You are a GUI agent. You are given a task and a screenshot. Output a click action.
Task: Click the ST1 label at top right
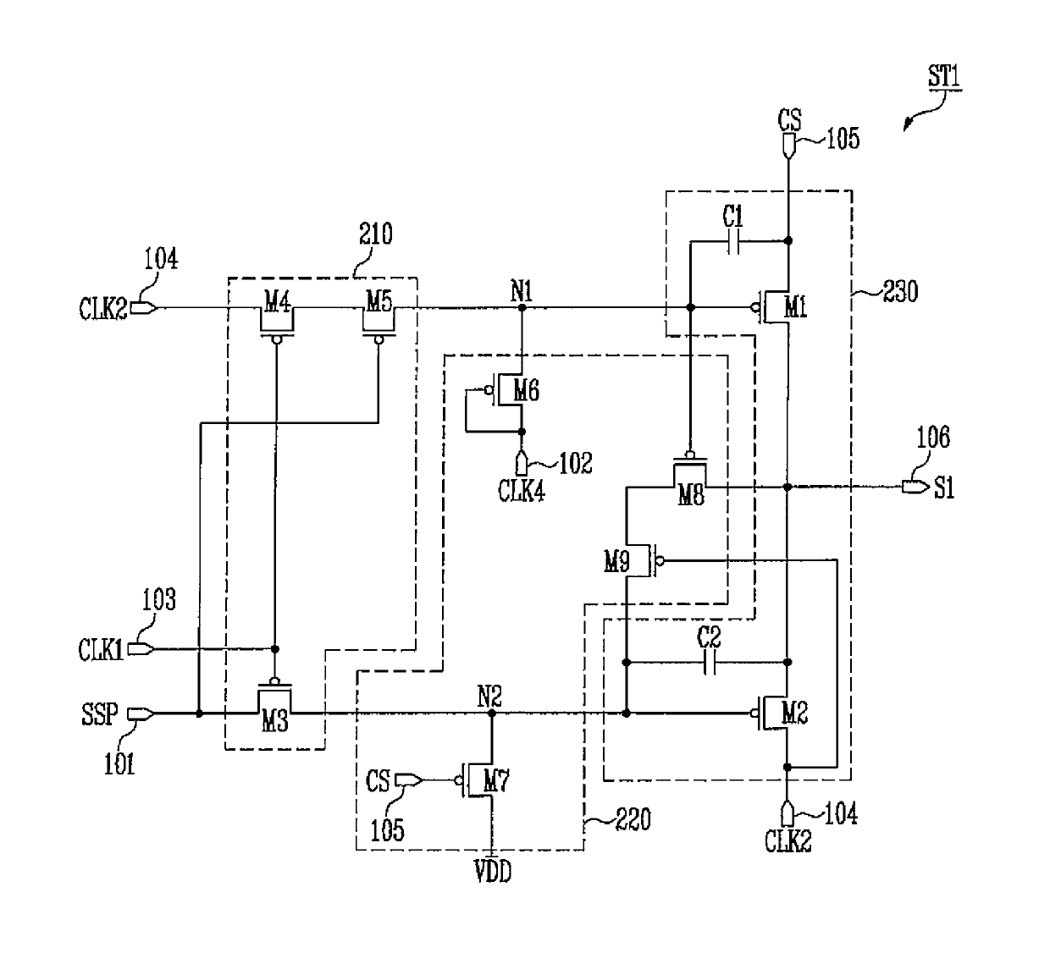pyautogui.click(x=944, y=76)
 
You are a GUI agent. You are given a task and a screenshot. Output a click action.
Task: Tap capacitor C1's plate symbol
pyautogui.click(x=734, y=241)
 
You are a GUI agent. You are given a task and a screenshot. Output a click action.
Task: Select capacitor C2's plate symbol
pyautogui.click(x=710, y=662)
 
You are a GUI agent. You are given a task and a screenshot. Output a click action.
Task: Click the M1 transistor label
pyautogui.click(x=795, y=308)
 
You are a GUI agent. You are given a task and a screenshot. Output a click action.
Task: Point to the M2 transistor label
pyautogui.click(x=794, y=713)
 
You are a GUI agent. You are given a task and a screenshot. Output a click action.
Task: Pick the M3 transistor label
pyautogui.click(x=275, y=722)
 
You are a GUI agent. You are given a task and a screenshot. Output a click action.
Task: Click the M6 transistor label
pyautogui.click(x=526, y=390)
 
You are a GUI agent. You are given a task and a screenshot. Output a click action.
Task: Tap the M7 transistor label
pyautogui.click(x=495, y=781)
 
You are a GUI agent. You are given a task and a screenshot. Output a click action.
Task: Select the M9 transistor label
pyautogui.click(x=616, y=562)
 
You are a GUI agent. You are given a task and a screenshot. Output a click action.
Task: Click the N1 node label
pyautogui.click(x=522, y=290)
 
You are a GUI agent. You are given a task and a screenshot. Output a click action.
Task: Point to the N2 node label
pyautogui.click(x=490, y=697)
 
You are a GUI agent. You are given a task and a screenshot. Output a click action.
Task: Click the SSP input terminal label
pyautogui.click(x=100, y=714)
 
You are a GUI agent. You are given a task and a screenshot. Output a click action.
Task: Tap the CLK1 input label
pyautogui.click(x=101, y=650)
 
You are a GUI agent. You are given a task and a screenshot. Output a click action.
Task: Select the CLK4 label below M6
pyautogui.click(x=522, y=492)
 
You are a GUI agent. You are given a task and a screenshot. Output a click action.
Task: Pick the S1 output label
pyautogui.click(x=944, y=488)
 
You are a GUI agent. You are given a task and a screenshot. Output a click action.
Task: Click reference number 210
pyautogui.click(x=375, y=234)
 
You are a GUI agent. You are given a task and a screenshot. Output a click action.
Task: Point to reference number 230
pyautogui.click(x=900, y=291)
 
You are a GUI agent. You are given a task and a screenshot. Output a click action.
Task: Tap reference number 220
pyautogui.click(x=633, y=819)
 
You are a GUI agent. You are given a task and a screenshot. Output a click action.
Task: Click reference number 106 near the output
pyautogui.click(x=933, y=437)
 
